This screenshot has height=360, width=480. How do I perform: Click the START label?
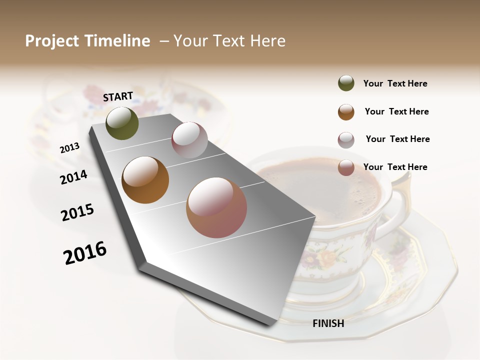pos(118,96)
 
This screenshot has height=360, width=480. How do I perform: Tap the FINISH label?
pos(328,323)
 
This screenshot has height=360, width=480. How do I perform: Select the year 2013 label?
pos(69,148)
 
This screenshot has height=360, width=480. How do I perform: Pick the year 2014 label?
pos(73,177)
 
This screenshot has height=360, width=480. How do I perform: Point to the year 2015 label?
pos(77,212)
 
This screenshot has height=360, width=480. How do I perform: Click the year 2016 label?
pos(85,252)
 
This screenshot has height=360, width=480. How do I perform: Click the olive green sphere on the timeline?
pos(122,123)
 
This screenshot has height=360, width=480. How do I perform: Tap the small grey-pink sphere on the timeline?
pos(189,139)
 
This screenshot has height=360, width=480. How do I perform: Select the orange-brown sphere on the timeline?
pos(145,180)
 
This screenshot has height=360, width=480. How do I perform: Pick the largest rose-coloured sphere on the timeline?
pos(216,207)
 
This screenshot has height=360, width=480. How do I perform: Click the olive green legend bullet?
pos(346,83)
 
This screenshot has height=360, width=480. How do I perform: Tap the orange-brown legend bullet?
pos(346,111)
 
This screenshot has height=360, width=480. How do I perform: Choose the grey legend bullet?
pos(346,139)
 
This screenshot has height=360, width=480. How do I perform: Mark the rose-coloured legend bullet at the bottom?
pos(346,167)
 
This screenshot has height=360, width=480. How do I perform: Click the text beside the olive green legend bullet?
pos(395,84)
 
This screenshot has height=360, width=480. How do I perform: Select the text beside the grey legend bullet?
pos(397,139)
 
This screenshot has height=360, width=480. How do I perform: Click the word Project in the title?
pos(52,41)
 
